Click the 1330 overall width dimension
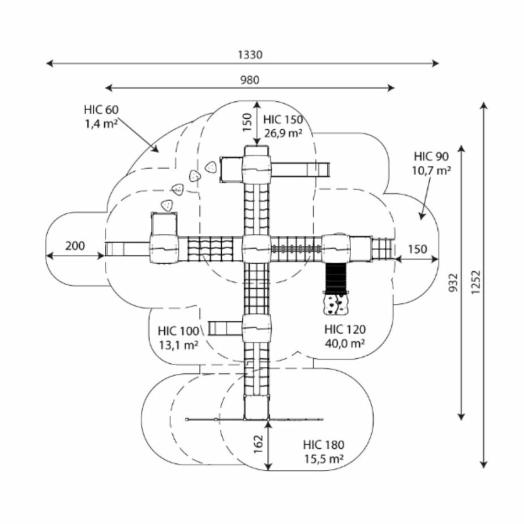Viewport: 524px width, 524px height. click(x=250, y=55)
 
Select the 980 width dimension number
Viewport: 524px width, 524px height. click(x=250, y=80)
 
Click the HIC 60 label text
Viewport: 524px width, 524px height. click(x=101, y=109)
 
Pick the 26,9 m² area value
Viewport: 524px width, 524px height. click(x=283, y=133)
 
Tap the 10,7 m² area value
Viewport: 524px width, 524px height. click(x=431, y=170)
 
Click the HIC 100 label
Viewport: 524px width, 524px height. click(x=178, y=331)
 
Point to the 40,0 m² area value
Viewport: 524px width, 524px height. click(x=345, y=344)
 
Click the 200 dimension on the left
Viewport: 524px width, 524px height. click(x=75, y=246)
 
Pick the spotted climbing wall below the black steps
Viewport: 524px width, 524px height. click(x=334, y=303)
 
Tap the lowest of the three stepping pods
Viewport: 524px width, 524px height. click(x=168, y=205)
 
